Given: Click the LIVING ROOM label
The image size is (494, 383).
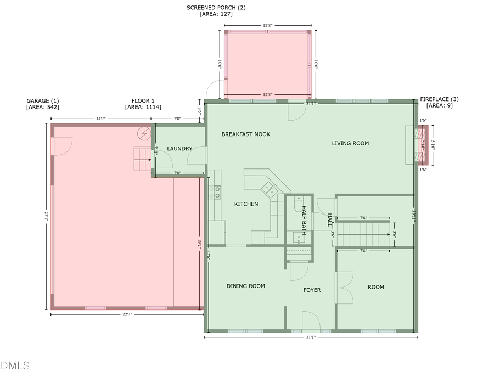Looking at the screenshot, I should (350, 143).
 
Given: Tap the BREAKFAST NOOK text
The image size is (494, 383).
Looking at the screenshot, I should (245, 134).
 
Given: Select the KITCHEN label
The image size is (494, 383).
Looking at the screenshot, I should (246, 204).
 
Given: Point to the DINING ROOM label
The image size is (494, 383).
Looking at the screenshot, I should (245, 286).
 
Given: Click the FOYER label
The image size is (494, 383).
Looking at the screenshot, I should (312, 290).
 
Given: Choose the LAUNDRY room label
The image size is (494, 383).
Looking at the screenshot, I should (179, 149).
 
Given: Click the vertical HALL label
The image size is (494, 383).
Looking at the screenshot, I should (330, 220).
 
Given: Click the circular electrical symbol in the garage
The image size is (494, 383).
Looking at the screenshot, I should (144, 133).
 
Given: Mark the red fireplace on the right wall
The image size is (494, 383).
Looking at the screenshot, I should (421, 145).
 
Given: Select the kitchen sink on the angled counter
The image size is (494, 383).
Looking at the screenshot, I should (269, 189).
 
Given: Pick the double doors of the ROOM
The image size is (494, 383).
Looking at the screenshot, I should (343, 287).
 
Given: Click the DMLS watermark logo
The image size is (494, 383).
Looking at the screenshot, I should (15, 365).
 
